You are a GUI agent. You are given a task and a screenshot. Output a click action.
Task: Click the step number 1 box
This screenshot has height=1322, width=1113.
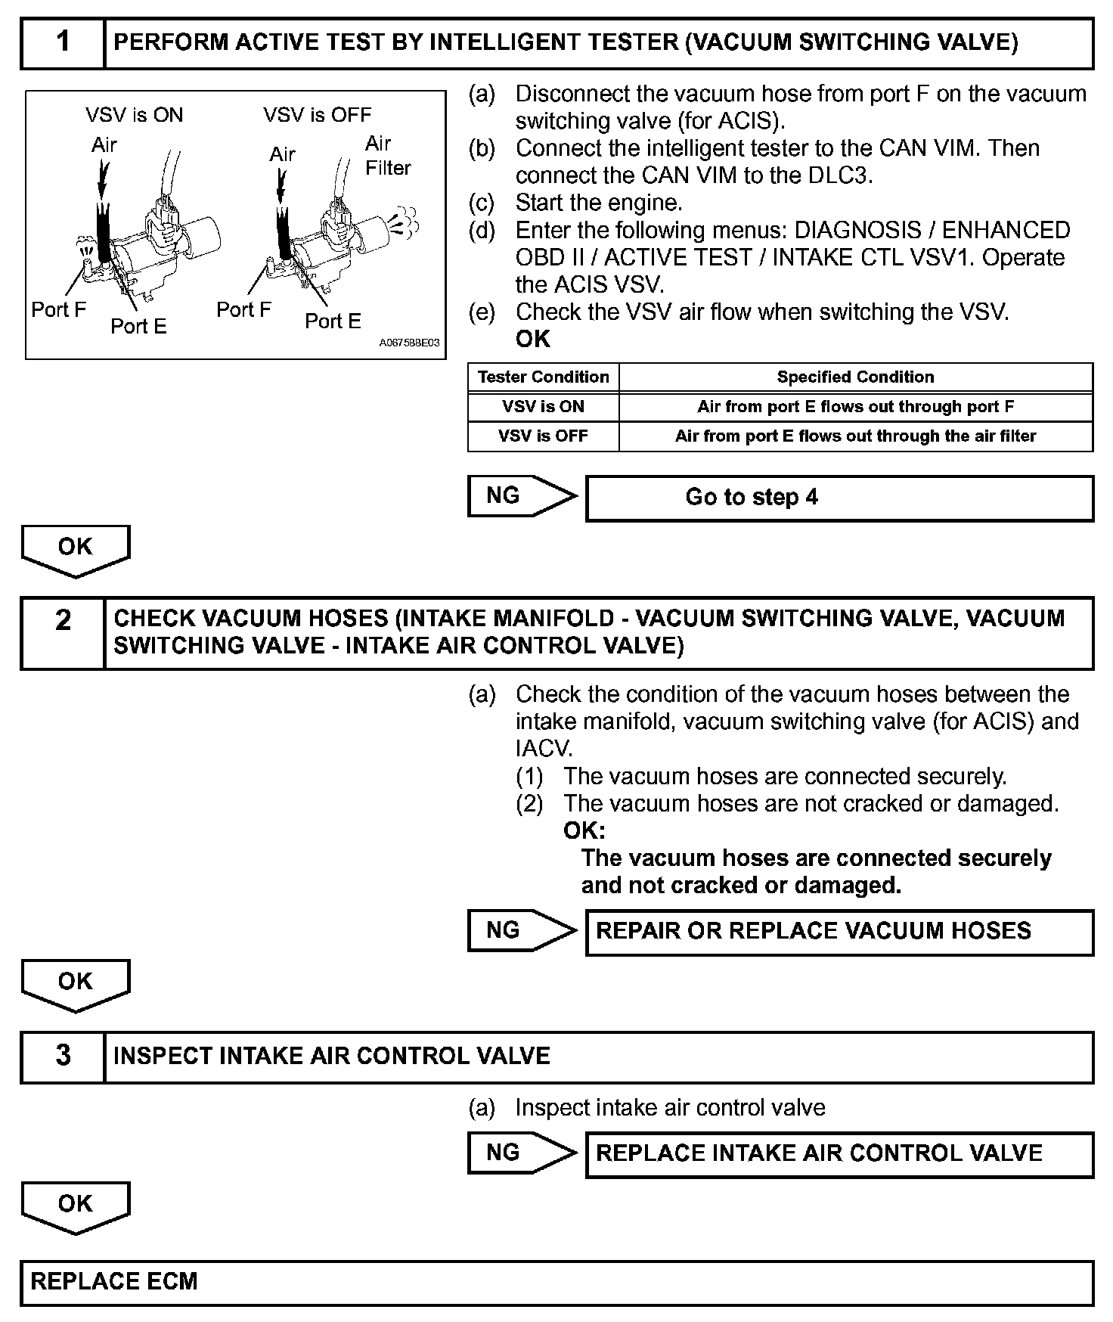[63, 42]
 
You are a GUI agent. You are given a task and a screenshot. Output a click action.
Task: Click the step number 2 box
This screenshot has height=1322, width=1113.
[63, 632]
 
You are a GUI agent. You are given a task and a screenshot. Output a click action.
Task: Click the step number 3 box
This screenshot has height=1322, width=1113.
[63, 1056]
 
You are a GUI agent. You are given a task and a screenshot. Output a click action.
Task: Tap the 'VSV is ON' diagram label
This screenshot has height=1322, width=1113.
[134, 115]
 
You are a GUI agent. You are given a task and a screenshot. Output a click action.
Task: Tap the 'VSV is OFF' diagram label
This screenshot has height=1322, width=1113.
[317, 115]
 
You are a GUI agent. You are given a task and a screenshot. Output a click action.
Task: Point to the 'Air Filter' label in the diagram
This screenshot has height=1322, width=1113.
[387, 156]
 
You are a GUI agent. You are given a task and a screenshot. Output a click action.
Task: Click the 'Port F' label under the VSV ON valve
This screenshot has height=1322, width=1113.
[59, 309]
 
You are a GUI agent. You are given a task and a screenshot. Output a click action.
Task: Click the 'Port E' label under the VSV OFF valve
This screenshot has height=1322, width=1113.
[333, 321]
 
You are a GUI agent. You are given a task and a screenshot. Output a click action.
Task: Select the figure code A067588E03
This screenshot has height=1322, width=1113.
[409, 343]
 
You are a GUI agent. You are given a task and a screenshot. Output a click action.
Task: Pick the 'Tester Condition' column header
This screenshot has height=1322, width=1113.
[543, 377]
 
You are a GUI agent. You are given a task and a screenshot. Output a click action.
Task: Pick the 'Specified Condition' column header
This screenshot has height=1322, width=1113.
[855, 377]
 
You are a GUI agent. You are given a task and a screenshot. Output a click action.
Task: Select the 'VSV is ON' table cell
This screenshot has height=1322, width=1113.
[543, 407]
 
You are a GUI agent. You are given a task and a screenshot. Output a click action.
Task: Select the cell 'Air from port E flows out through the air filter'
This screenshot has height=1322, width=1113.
[855, 436]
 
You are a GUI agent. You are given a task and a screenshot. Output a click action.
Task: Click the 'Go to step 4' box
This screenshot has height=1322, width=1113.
[839, 498]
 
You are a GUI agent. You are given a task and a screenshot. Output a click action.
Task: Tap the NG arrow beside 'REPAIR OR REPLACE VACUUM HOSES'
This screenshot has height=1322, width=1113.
[522, 930]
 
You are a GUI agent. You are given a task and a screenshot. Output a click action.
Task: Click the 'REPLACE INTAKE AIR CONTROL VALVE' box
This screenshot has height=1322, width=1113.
[839, 1153]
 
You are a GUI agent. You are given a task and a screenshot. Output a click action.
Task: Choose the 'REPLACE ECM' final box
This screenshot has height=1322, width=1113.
[556, 1282]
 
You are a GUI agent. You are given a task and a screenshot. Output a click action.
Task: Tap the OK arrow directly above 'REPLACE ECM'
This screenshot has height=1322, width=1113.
[76, 1206]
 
